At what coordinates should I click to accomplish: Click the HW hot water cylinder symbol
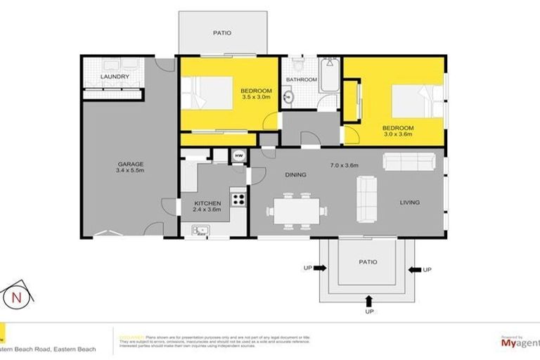238,156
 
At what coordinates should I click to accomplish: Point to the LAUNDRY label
115,76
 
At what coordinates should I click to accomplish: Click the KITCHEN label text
207,204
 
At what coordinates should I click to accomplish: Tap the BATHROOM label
301,80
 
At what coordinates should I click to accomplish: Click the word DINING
295,174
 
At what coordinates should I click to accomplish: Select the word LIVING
409,202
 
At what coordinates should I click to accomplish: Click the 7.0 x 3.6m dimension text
345,165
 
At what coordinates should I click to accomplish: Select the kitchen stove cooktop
238,198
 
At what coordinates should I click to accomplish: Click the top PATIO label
222,33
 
